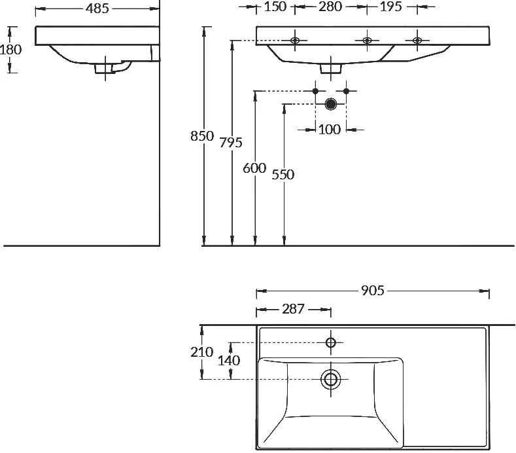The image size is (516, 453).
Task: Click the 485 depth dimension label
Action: (97, 9)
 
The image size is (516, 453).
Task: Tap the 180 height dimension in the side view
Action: (11, 50)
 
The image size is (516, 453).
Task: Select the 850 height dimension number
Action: (202, 136)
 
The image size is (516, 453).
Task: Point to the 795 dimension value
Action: (231, 143)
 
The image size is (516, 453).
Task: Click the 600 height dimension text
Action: (254, 168)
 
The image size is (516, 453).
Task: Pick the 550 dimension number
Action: (283, 175)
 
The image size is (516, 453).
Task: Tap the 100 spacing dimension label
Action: (330, 130)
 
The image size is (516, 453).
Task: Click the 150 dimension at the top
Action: (275, 7)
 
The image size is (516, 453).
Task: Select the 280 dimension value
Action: (330, 7)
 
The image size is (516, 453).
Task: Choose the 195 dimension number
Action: (391, 7)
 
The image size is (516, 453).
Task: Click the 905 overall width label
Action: (373, 291)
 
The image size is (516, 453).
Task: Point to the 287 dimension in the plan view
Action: (293, 309)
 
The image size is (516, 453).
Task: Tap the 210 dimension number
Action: (201, 352)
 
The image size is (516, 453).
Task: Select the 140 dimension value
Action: (229, 361)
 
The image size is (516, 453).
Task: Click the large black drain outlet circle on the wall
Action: (330, 104)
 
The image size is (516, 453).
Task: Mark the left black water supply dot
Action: (315, 91)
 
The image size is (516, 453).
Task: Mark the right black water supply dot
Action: (346, 91)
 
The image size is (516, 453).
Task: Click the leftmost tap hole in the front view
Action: (295, 41)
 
